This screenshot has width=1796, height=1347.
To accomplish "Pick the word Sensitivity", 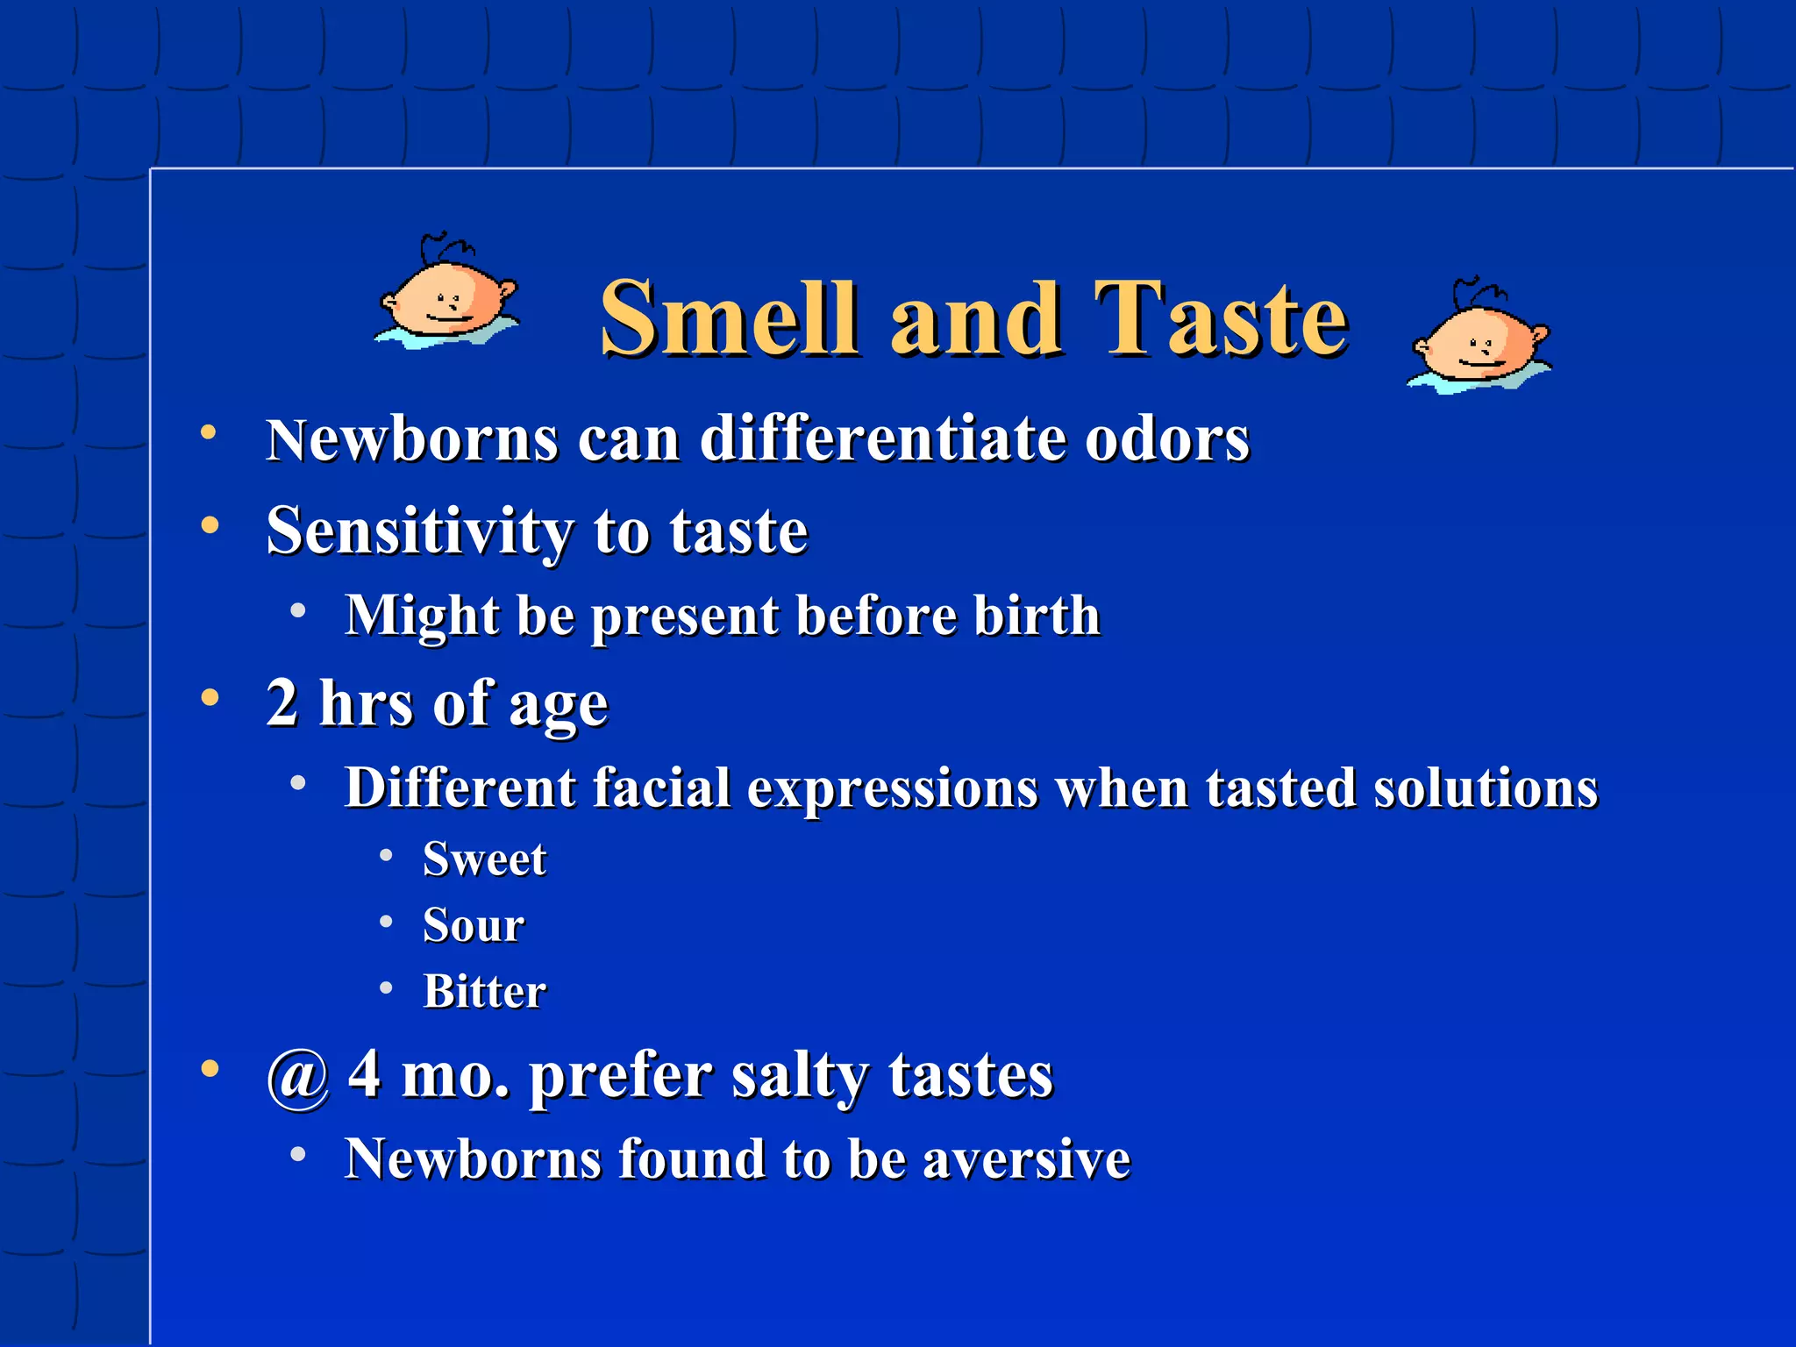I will click(419, 531).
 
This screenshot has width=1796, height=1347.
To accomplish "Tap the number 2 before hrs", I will click(282, 702).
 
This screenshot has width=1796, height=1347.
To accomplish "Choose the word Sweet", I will click(484, 859).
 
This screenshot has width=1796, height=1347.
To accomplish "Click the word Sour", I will click(474, 925).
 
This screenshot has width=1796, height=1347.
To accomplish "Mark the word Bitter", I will click(484, 992).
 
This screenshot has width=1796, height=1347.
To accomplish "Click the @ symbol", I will click(298, 1076).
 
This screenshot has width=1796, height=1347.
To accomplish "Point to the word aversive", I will click(1026, 1160).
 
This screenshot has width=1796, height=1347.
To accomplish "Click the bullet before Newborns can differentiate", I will click(209, 432).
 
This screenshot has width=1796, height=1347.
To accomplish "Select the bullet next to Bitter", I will click(386, 989).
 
